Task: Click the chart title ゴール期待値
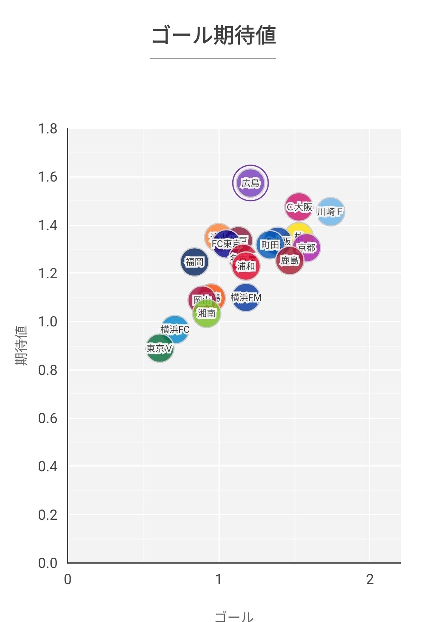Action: (213, 36)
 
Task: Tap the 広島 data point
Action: (250, 183)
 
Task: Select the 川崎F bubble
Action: (331, 212)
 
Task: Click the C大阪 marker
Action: (299, 207)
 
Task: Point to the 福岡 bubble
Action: (194, 262)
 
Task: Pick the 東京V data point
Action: (160, 348)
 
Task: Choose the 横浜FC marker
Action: (175, 329)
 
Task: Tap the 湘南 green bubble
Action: (207, 313)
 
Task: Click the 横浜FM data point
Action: (246, 297)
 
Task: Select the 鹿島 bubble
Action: (290, 260)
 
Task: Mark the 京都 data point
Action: (307, 248)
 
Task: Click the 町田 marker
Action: (270, 245)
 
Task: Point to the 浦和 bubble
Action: (246, 266)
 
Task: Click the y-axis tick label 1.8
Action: (48, 129)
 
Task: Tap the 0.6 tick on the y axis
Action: (48, 418)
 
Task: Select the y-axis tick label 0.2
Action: (48, 515)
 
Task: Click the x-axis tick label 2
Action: (370, 579)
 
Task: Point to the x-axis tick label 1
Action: (219, 579)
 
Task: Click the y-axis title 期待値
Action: (21, 345)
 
